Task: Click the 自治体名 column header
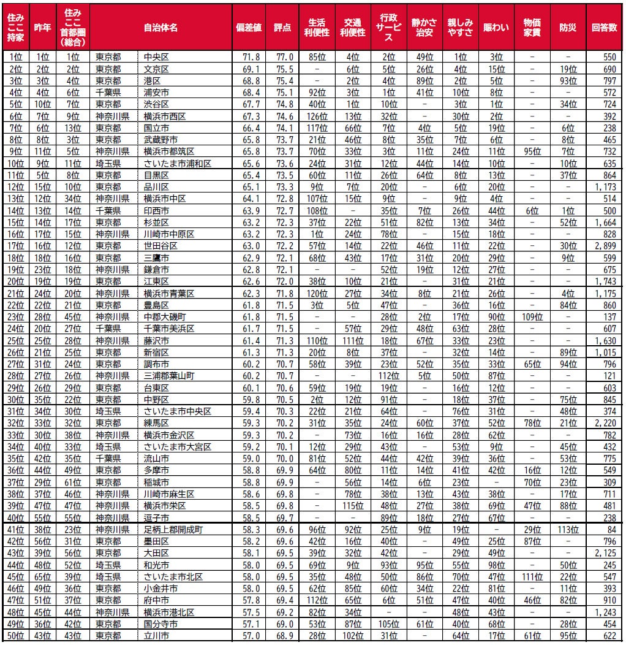[x=161, y=28]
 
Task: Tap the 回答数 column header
[x=605, y=28]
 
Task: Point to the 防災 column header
[x=568, y=28]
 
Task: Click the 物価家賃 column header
[x=532, y=28]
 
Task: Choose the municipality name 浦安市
[x=155, y=92]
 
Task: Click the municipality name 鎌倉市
[x=155, y=269]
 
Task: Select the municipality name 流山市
[x=155, y=457]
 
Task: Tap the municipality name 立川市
[x=155, y=635]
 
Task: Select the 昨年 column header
[x=42, y=28]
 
